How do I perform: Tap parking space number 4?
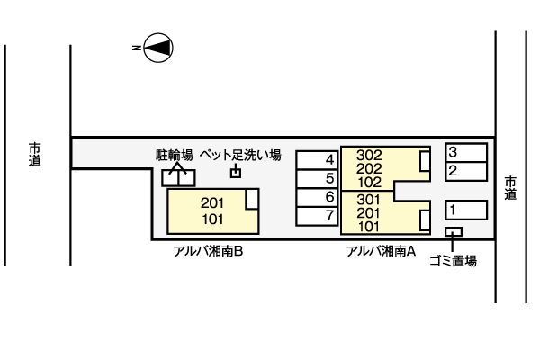317,160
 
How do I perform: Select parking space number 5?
317,178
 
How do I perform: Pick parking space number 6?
317,197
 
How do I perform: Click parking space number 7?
317,216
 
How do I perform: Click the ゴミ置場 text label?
453,262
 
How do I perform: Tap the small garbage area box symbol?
454,232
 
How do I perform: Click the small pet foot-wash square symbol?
237,172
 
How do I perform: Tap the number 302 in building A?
369,155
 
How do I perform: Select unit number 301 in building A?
369,200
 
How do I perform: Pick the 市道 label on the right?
510,187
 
